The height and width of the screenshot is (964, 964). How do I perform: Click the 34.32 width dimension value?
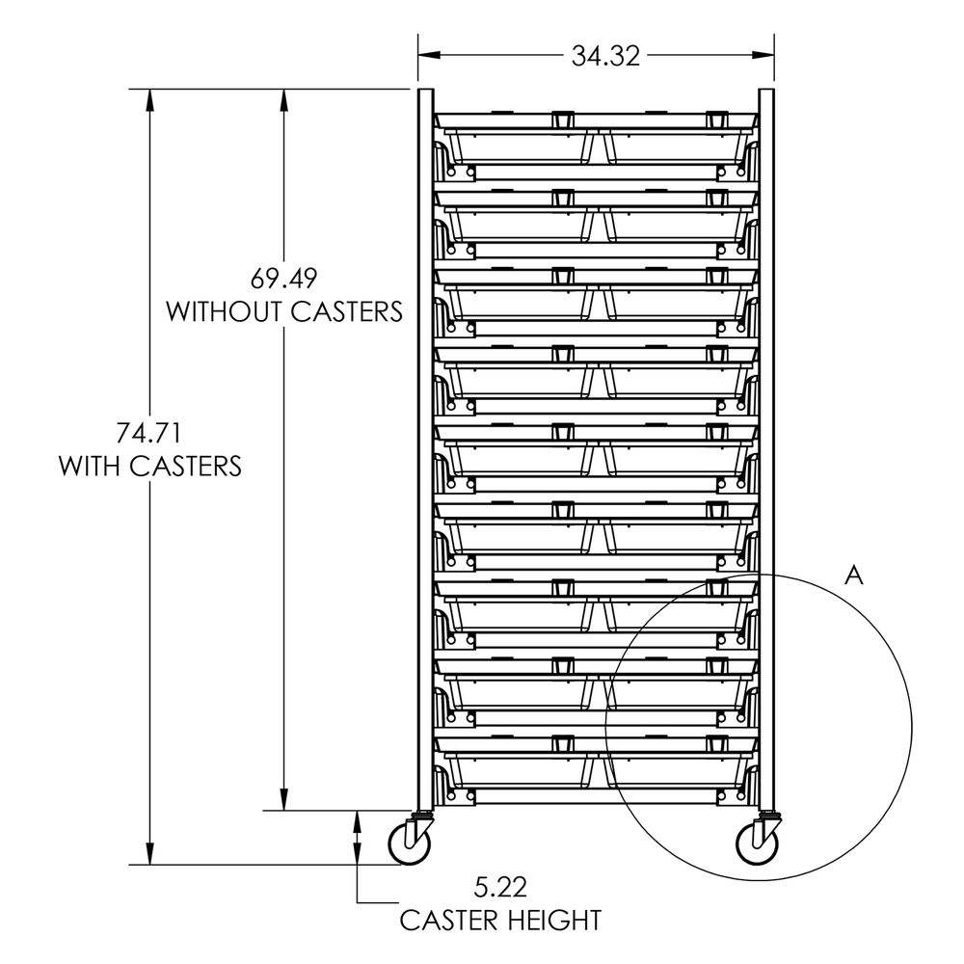[x=605, y=56]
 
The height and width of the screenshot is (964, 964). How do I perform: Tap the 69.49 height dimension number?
[x=283, y=280]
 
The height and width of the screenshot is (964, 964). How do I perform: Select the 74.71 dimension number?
[x=149, y=434]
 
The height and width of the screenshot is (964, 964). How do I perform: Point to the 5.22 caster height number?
[x=500, y=888]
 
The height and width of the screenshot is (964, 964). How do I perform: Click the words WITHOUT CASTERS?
[x=284, y=311]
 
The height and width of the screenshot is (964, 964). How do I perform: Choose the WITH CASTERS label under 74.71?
[x=150, y=466]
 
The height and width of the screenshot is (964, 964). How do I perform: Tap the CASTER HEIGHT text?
[x=500, y=921]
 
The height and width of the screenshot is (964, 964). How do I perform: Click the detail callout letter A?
[x=854, y=576]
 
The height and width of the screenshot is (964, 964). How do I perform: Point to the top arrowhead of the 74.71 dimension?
[x=150, y=100]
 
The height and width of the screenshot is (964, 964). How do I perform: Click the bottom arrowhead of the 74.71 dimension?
[x=150, y=853]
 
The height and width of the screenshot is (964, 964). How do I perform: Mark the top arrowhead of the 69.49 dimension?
[x=283, y=100]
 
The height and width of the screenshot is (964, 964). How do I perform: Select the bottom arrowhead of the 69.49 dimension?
[x=283, y=799]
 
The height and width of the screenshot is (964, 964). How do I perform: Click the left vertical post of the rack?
[x=425, y=449]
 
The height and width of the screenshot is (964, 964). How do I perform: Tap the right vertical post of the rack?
[x=766, y=449]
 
